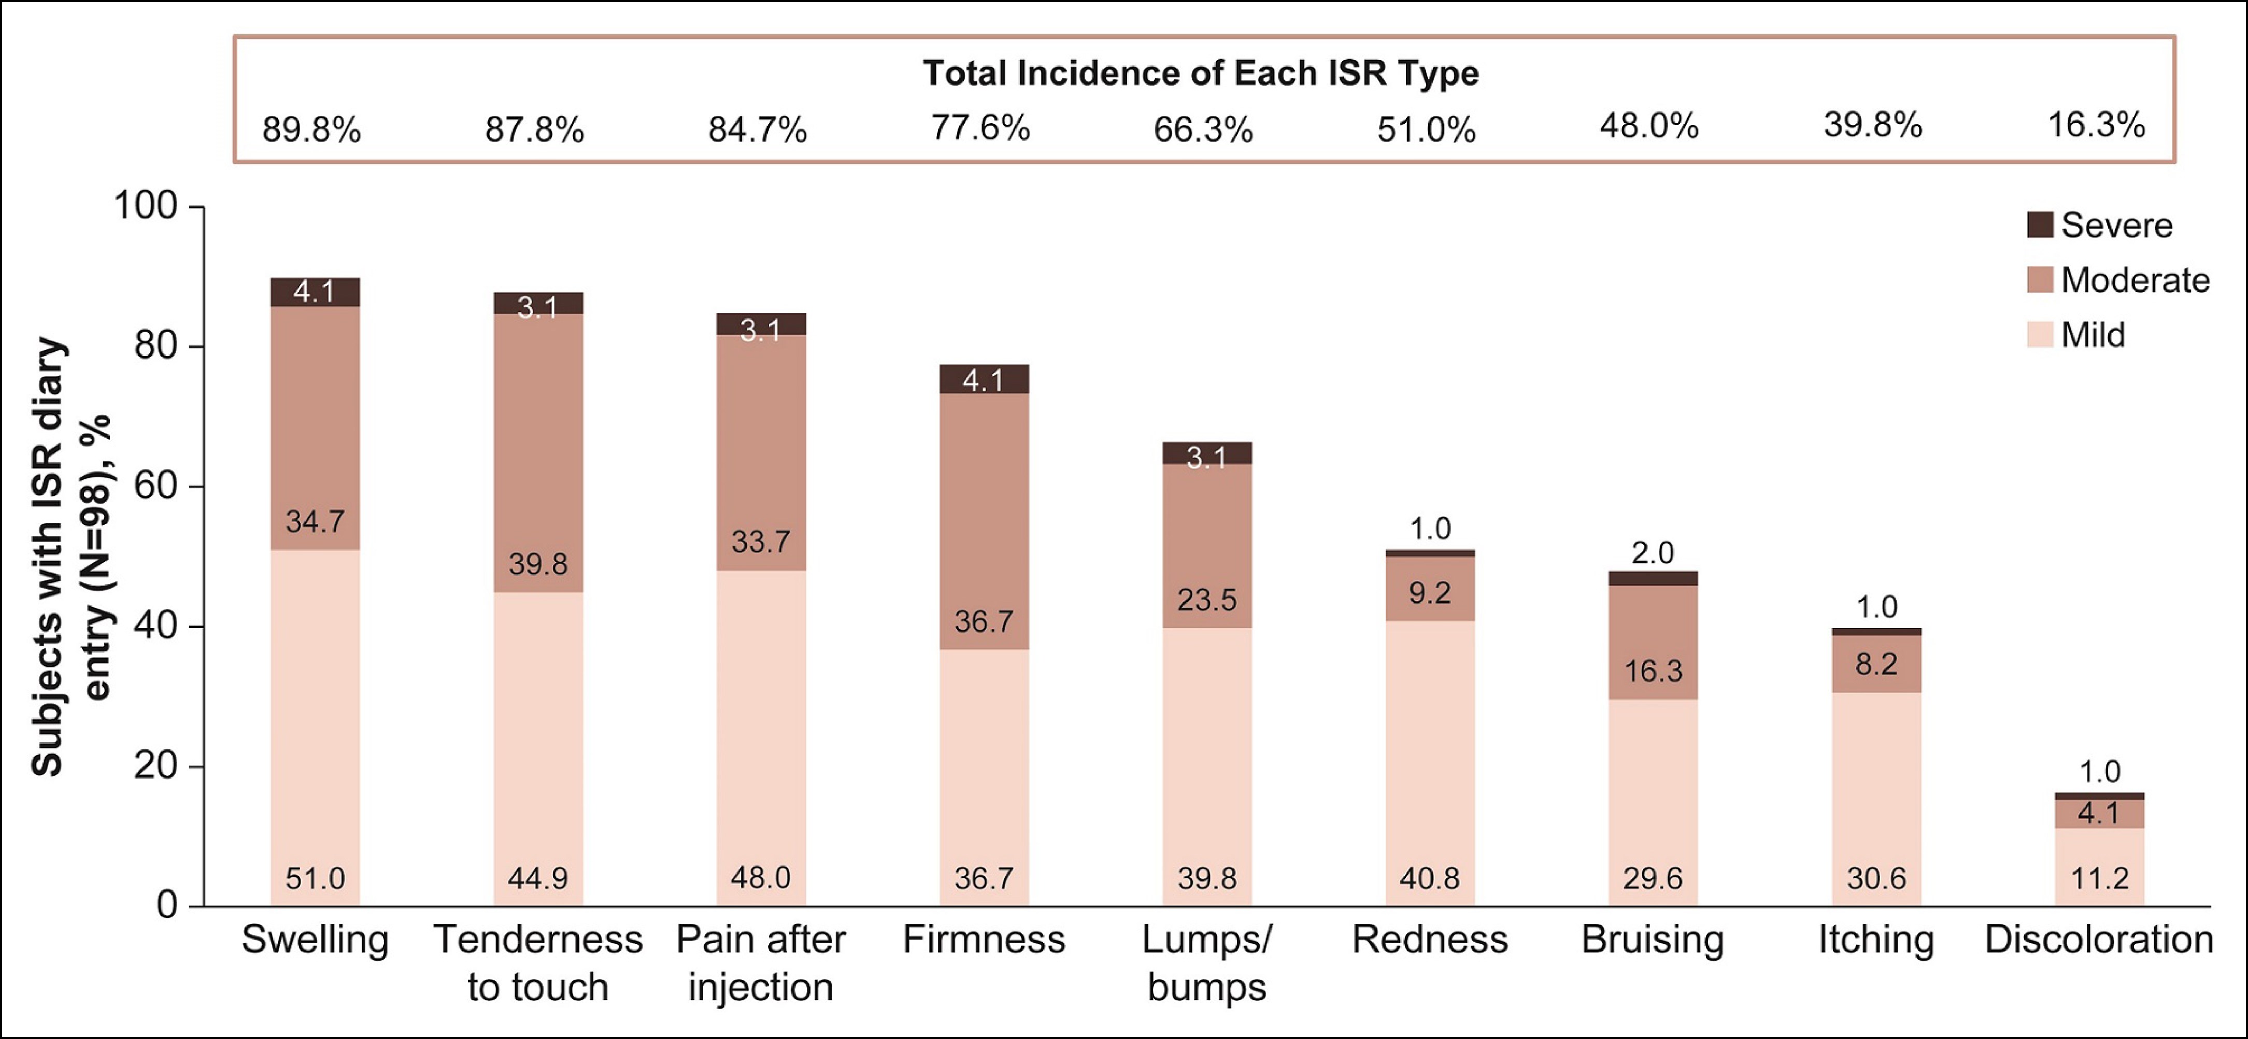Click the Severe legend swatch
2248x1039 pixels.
click(2040, 225)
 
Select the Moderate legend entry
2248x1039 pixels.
click(2118, 280)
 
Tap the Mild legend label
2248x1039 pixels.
click(2093, 335)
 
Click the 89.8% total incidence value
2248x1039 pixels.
click(311, 130)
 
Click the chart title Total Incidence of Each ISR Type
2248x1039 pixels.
click(1201, 73)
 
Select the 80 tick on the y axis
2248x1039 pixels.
click(155, 346)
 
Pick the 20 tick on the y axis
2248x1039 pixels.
click(155, 766)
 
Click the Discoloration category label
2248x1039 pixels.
click(2099, 940)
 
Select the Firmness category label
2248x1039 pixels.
click(984, 940)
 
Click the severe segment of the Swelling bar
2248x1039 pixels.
click(315, 292)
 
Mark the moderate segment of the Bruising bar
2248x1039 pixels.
click(1653, 642)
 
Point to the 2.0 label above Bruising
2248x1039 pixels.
click(1653, 553)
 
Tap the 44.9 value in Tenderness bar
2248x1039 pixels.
click(537, 878)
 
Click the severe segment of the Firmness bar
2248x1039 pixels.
click(984, 379)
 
